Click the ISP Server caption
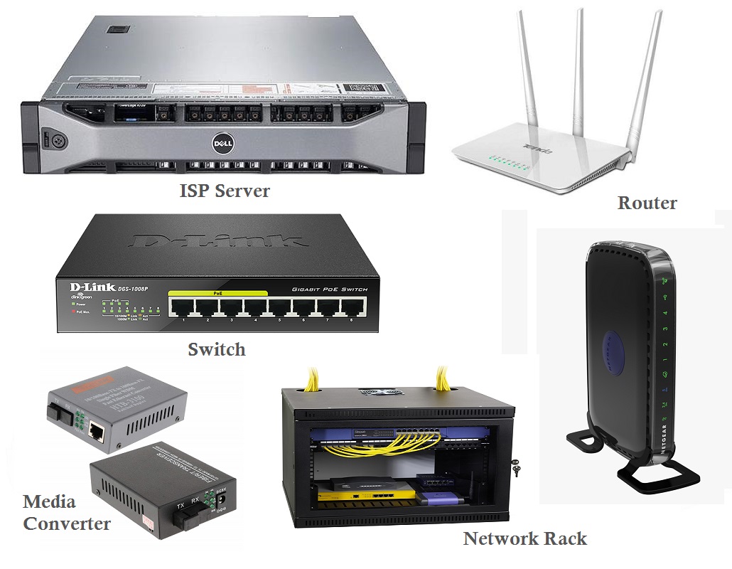click(224, 191)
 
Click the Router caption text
click(647, 203)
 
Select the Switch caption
click(216, 349)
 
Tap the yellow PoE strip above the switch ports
click(217, 293)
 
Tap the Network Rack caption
click(525, 538)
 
